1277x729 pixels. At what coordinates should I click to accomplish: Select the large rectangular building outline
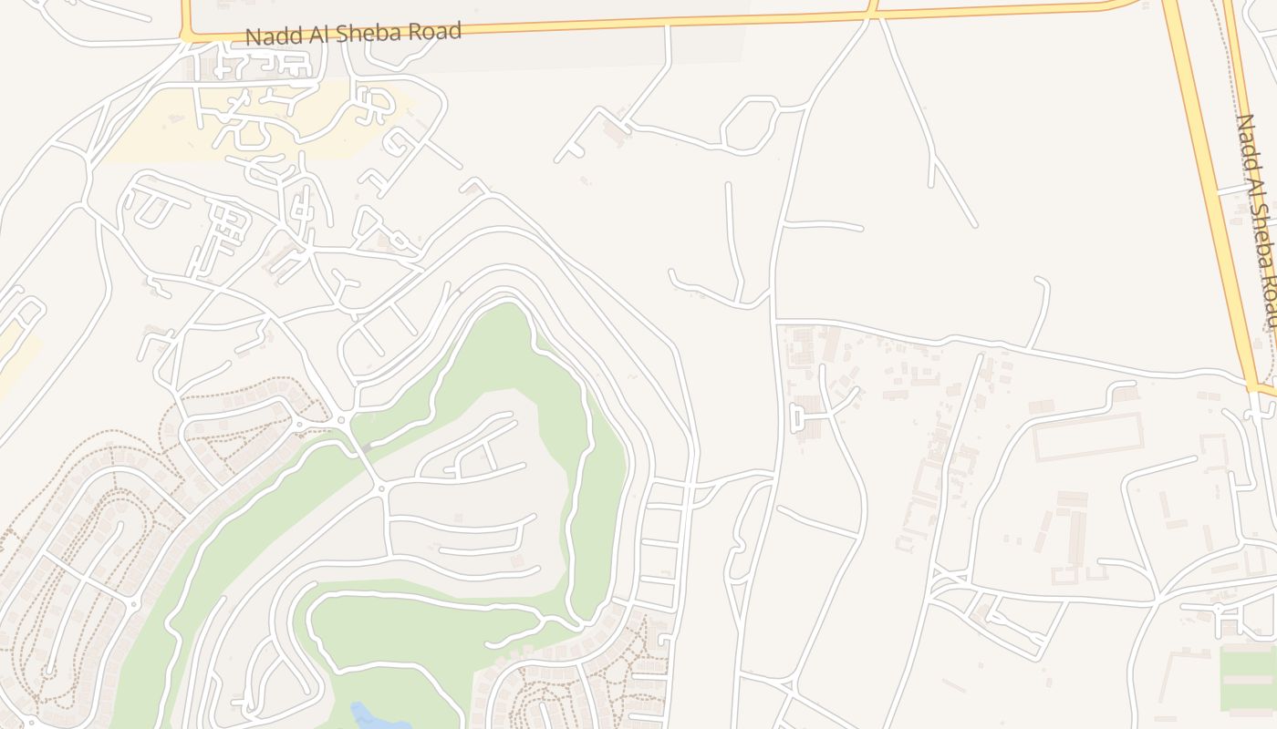tap(1087, 436)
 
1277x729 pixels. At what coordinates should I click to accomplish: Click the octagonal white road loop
tap(749, 125)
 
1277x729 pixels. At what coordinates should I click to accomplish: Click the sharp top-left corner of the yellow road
tap(185, 35)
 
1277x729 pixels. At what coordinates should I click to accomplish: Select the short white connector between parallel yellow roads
tap(1230, 190)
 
